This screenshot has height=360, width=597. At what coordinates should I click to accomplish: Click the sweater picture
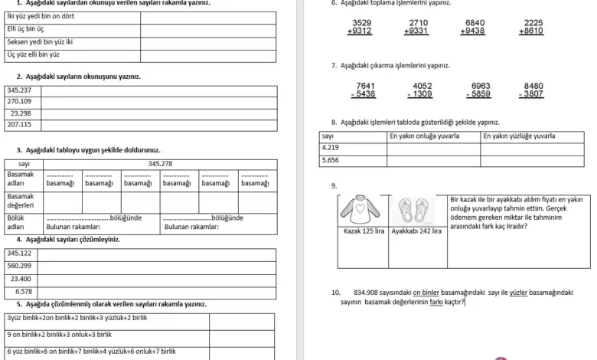(362, 210)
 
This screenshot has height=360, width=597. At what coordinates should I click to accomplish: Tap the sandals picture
(416, 210)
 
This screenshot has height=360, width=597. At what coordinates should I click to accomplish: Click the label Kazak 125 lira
(363, 231)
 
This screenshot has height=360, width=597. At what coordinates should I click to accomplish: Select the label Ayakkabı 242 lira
(416, 231)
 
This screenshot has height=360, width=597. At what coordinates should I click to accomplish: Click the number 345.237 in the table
(19, 90)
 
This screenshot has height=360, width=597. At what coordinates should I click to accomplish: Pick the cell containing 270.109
(19, 101)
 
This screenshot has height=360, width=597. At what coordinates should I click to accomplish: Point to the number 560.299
(19, 266)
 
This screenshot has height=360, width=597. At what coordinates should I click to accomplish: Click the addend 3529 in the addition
(362, 23)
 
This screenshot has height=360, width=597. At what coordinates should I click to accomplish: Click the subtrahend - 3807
(532, 94)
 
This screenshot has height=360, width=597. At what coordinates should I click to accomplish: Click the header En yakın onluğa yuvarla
(424, 136)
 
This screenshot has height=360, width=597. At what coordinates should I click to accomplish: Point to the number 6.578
(24, 292)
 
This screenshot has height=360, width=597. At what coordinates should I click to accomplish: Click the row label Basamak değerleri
(21, 201)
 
